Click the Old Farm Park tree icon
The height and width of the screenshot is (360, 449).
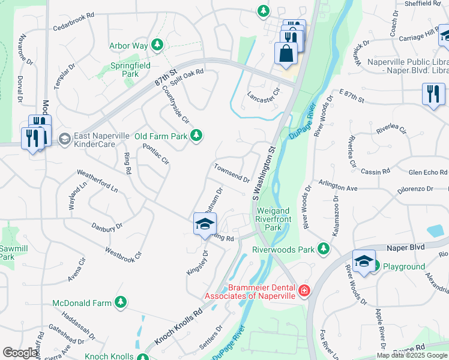(196, 136)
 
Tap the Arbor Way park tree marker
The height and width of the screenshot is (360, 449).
(157, 45)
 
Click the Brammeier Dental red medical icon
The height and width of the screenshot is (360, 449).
(304, 291)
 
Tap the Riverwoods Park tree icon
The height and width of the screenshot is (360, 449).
(324, 248)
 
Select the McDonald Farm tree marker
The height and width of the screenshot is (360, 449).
(121, 302)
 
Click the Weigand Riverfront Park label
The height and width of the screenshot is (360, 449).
(273, 219)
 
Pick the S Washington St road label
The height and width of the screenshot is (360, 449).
(264, 173)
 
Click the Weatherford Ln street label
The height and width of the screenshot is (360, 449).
(97, 182)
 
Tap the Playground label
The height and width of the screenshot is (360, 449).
(403, 266)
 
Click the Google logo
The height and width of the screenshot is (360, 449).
(20, 353)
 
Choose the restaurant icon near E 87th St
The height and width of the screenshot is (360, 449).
(433, 94)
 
